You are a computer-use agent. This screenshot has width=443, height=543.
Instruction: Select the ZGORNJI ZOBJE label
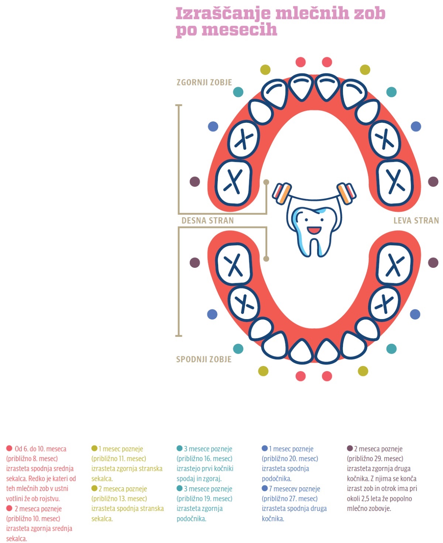click(x=204, y=82)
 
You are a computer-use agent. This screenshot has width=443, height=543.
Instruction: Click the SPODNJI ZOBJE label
click(x=203, y=359)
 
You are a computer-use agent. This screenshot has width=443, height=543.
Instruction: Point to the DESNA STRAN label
click(x=208, y=220)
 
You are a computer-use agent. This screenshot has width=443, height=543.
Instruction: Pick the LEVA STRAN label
click(x=416, y=220)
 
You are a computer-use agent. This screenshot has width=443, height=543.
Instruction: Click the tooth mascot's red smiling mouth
click(x=314, y=230)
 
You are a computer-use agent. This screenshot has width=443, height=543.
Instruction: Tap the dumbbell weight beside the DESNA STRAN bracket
click(x=282, y=193)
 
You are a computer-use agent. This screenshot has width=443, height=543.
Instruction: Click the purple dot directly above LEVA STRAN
click(x=433, y=182)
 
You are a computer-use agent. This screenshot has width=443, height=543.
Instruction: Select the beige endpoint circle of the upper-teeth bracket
click(x=266, y=182)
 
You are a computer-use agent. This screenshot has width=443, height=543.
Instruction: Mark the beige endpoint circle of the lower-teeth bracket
click(x=266, y=259)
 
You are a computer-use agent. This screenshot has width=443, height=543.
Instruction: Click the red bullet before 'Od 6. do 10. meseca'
click(x=9, y=448)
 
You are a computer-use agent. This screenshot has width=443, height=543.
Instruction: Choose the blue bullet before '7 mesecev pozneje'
click(x=265, y=488)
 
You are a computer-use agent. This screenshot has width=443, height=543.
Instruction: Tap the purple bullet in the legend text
click(x=350, y=448)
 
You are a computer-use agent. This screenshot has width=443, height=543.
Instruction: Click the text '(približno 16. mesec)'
click(x=205, y=459)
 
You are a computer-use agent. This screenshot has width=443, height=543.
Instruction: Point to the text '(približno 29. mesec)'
click(x=375, y=459)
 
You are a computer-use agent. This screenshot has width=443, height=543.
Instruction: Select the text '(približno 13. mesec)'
click(x=119, y=498)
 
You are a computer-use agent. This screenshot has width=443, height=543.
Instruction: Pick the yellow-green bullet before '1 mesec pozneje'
click(x=94, y=448)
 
